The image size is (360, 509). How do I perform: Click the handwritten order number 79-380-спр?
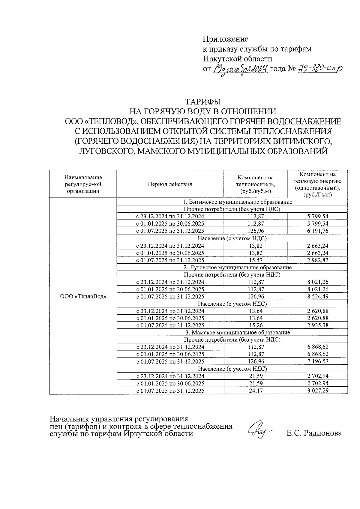point(319,69)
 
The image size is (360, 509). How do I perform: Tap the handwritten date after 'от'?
point(240,70)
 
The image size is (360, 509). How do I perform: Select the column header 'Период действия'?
point(170,184)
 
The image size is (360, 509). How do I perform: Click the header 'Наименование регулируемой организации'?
point(83,184)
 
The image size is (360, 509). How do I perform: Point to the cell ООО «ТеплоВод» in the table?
point(83,296)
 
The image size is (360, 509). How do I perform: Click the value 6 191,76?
point(317,231)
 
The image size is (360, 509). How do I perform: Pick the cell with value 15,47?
point(256,260)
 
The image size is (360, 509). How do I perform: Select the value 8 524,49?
point(317,297)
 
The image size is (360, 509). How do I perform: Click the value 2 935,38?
point(317,325)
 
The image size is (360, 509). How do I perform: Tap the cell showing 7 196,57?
point(317,362)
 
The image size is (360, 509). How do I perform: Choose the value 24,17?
point(256,391)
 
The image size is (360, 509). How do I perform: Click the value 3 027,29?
point(317,391)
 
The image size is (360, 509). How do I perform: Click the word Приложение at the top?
point(226,39)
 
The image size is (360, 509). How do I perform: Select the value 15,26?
point(256,325)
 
